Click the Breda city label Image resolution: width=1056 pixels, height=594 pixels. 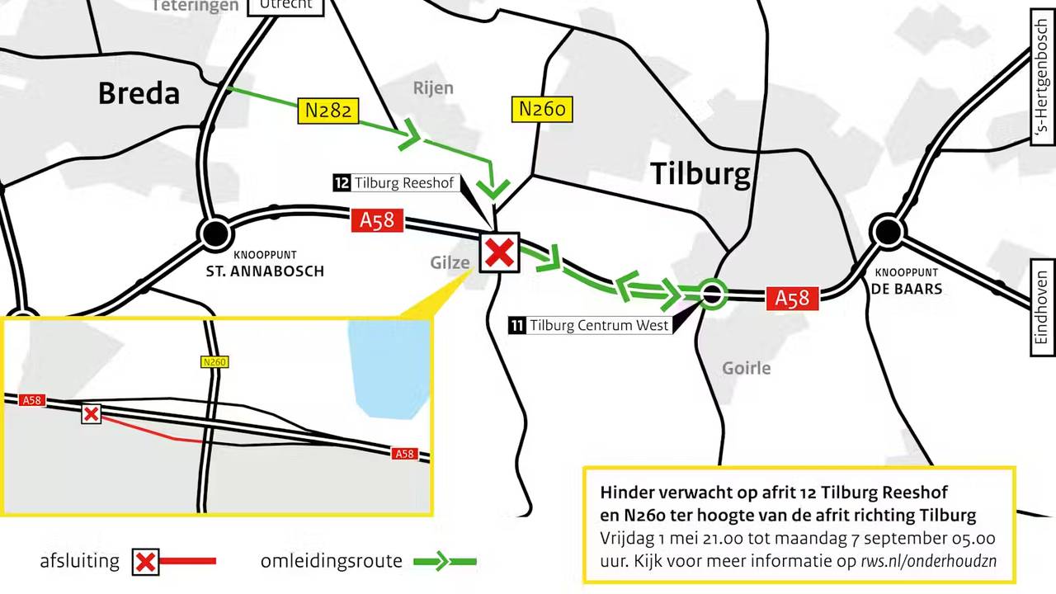[139, 93]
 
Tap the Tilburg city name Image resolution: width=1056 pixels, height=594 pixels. [700, 174]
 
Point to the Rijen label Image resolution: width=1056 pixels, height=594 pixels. [433, 88]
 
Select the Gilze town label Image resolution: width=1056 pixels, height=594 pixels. [450, 262]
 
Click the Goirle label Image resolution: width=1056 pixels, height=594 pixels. [746, 368]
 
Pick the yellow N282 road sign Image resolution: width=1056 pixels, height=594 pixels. [328, 110]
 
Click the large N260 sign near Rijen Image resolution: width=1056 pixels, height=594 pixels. [542, 109]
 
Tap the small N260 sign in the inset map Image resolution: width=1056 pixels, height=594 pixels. [214, 361]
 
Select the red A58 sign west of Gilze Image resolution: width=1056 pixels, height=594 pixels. [378, 220]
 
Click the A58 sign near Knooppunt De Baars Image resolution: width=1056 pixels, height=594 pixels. [792, 298]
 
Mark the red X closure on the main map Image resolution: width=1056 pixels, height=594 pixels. [499, 252]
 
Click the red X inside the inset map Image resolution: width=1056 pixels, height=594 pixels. [91, 413]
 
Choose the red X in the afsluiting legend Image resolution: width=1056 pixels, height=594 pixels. [145, 562]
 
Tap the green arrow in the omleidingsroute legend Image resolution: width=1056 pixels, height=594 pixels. [444, 562]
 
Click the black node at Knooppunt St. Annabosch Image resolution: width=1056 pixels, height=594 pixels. [215, 233]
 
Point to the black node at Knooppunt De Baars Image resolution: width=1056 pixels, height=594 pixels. [888, 232]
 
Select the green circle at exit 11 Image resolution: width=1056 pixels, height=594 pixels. [712, 293]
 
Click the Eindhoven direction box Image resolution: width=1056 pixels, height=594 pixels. [1042, 307]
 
